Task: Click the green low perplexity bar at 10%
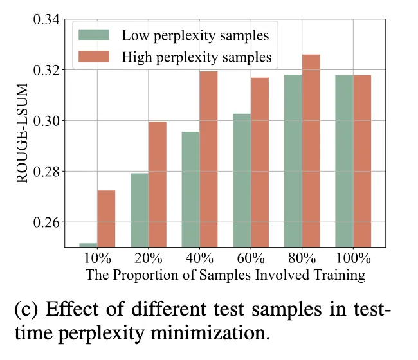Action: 88,245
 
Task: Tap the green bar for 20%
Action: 140,210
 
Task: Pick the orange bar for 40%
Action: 209,159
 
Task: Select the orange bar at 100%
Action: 363,161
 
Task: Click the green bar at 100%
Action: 345,161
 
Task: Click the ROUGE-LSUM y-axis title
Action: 23,134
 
